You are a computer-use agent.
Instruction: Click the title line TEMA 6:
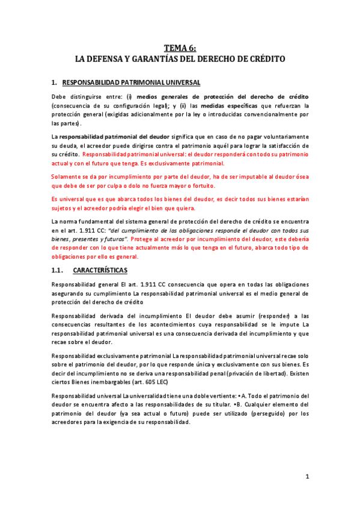180,48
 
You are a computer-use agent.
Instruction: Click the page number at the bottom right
307,477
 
